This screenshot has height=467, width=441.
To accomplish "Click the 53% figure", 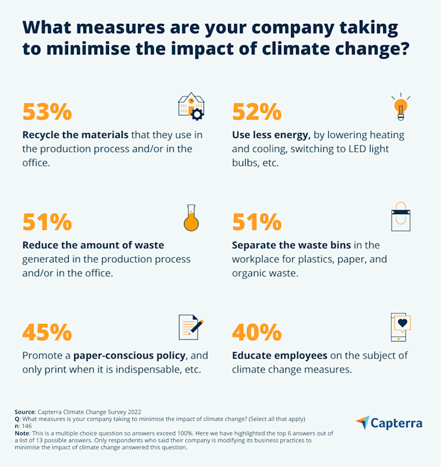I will coord(47,112).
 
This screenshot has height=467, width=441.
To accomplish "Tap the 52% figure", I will coord(257,112).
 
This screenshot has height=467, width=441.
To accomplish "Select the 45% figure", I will coord(47,332).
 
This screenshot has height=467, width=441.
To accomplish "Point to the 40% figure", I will coord(257,332).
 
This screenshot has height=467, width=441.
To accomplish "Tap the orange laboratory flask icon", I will coord(191,217).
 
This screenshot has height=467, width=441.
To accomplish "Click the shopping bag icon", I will coord(401,217).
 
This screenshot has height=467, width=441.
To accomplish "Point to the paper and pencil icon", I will coord(191,326).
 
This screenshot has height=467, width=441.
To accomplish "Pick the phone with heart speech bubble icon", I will coord(401,326).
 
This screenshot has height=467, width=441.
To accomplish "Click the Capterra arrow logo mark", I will coord(362,423).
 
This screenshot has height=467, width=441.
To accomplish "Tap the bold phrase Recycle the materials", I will coord(76,135).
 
